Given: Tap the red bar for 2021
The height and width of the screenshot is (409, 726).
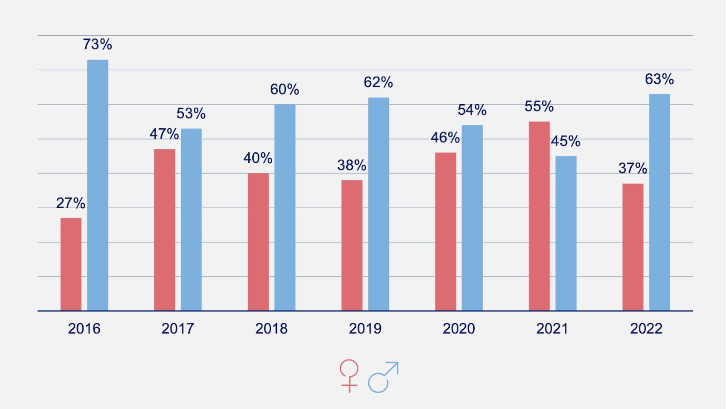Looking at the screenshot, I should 539,216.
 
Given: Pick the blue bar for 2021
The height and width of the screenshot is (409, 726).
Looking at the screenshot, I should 566,234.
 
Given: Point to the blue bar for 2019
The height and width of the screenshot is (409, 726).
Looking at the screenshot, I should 378,204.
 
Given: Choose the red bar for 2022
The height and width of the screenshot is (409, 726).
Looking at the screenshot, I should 633,247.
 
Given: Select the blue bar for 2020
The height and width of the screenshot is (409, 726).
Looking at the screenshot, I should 472,218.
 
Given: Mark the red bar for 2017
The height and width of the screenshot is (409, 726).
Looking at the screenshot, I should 164,230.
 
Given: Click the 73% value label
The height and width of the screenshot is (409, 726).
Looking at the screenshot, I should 97,44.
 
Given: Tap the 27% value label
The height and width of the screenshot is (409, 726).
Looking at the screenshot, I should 71,203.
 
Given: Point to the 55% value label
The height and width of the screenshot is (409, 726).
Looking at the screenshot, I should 539,107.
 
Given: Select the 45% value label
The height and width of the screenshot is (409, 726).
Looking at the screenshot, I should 565,141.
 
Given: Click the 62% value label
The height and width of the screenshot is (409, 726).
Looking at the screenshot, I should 378,82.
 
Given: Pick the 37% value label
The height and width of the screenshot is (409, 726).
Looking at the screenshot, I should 633,168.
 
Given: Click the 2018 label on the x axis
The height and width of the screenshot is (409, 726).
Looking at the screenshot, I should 271,328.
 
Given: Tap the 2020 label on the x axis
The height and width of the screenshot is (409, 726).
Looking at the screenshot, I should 459,328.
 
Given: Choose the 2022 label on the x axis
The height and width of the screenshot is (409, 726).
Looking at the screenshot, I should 646,328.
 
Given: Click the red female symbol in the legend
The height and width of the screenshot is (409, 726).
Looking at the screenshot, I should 349,376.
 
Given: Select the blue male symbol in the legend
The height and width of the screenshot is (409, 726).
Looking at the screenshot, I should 383,377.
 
